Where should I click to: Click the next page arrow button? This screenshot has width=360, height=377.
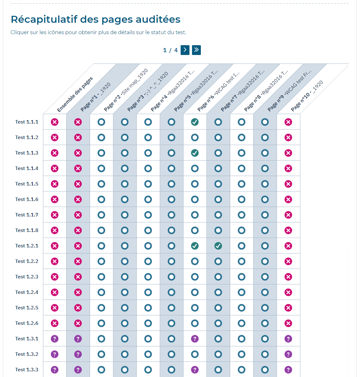point(185,50)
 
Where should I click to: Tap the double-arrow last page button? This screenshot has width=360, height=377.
point(196,50)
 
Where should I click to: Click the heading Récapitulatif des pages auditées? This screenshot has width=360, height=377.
point(95,19)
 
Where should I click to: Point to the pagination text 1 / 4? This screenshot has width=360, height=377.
point(170,50)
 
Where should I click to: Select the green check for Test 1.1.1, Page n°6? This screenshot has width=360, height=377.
point(195,122)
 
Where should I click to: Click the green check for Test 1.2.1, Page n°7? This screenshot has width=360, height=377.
point(218,246)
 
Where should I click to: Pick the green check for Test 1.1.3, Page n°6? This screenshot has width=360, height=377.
point(195,153)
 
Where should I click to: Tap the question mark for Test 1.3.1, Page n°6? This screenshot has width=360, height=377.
point(195,339)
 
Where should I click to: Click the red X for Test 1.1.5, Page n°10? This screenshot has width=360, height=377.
point(288,184)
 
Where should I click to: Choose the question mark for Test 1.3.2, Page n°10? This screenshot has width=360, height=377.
point(288,354)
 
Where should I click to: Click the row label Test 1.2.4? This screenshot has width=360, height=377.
point(27,292)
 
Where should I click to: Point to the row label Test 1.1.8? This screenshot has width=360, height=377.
point(27,230)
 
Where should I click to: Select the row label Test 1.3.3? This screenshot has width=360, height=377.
point(27,370)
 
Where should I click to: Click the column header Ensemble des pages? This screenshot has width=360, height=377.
point(75,94)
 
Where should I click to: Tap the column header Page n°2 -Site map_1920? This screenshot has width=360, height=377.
point(126,90)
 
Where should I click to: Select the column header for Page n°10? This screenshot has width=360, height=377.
point(307,96)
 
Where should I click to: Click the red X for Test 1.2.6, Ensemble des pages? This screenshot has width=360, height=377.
point(55,323)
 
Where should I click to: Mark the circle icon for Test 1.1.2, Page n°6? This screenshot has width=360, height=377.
point(195,137)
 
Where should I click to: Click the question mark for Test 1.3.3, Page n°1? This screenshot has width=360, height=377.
point(78,370)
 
